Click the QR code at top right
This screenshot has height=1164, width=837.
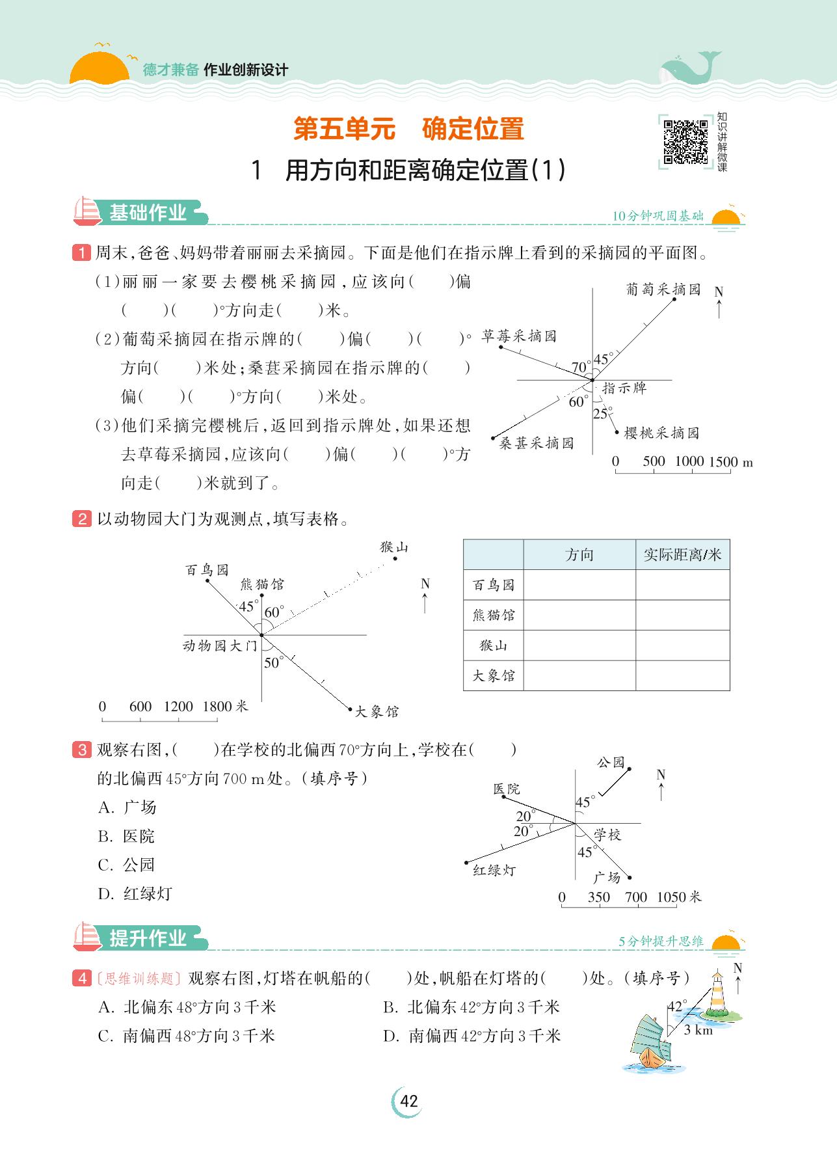point(685,141)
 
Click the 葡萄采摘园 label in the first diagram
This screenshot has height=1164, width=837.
point(663,290)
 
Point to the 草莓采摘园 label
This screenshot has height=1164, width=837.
point(519,336)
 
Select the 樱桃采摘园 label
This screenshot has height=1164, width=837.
point(661,433)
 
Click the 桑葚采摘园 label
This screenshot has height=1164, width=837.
point(537,444)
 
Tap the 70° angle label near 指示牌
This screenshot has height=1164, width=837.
point(580,368)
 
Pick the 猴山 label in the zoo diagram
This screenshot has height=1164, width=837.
point(394,547)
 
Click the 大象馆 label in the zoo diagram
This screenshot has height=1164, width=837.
point(377,712)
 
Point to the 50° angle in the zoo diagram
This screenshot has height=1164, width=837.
point(273,663)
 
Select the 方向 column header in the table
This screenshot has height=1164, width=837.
point(579,555)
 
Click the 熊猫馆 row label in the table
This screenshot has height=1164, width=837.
point(493,616)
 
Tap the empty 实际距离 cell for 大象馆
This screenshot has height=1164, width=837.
point(682,675)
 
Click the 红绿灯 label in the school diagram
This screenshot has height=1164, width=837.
point(494,871)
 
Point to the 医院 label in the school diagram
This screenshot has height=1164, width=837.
point(507,789)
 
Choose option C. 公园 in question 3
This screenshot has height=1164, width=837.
point(127,865)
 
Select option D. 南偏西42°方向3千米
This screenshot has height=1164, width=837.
point(472,1036)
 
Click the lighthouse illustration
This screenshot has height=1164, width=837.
point(717,995)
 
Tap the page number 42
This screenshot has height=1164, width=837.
point(409,1102)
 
